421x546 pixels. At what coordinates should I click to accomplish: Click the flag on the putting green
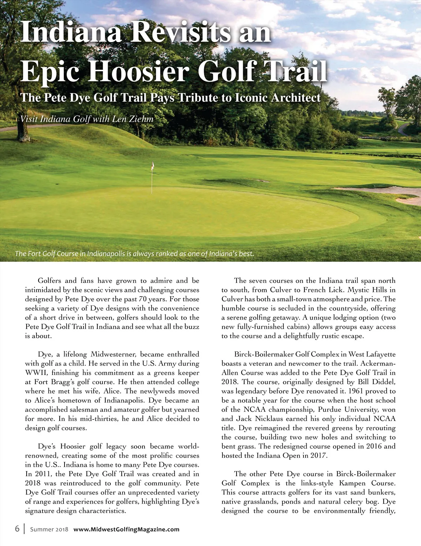tap(153, 166)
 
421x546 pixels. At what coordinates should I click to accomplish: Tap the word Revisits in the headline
tap(181, 32)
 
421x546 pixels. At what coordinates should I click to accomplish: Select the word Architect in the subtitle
tap(296, 98)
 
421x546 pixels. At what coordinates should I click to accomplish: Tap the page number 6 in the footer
tap(17, 529)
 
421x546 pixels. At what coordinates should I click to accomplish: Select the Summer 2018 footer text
tap(49, 529)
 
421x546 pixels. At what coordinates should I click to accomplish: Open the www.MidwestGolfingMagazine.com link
tap(126, 529)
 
